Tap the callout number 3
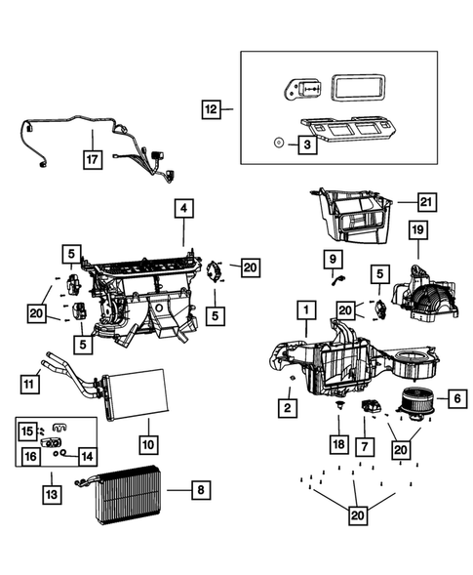tap(307, 144)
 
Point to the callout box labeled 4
tap(183, 209)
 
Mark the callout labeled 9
tap(333, 259)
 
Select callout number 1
tap(305, 311)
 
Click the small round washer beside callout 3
tap(278, 143)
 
